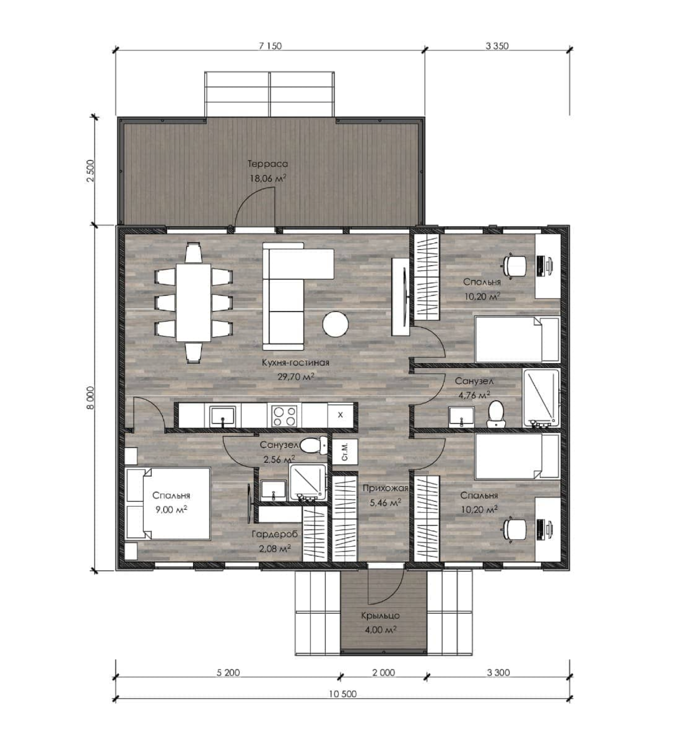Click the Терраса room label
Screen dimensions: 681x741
point(267,164)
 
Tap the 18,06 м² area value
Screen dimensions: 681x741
point(267,179)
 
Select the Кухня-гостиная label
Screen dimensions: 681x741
point(295,362)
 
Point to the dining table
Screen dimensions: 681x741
point(193,302)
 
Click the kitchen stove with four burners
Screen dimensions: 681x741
point(284,416)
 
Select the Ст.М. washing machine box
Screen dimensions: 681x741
point(345,452)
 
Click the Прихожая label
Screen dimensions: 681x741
point(385,489)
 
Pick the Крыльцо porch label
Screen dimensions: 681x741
point(380,616)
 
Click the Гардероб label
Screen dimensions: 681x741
point(275,534)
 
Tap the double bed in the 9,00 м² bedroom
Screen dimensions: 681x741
point(168,503)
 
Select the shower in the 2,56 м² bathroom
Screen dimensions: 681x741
point(308,482)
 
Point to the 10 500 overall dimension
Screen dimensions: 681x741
point(343,694)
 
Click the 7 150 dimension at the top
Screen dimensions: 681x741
point(270,46)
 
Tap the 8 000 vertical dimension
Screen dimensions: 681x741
point(91,398)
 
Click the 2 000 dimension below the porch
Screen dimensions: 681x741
point(383,672)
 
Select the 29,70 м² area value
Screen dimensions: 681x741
point(295,377)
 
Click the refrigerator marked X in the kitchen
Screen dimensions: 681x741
point(340,416)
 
